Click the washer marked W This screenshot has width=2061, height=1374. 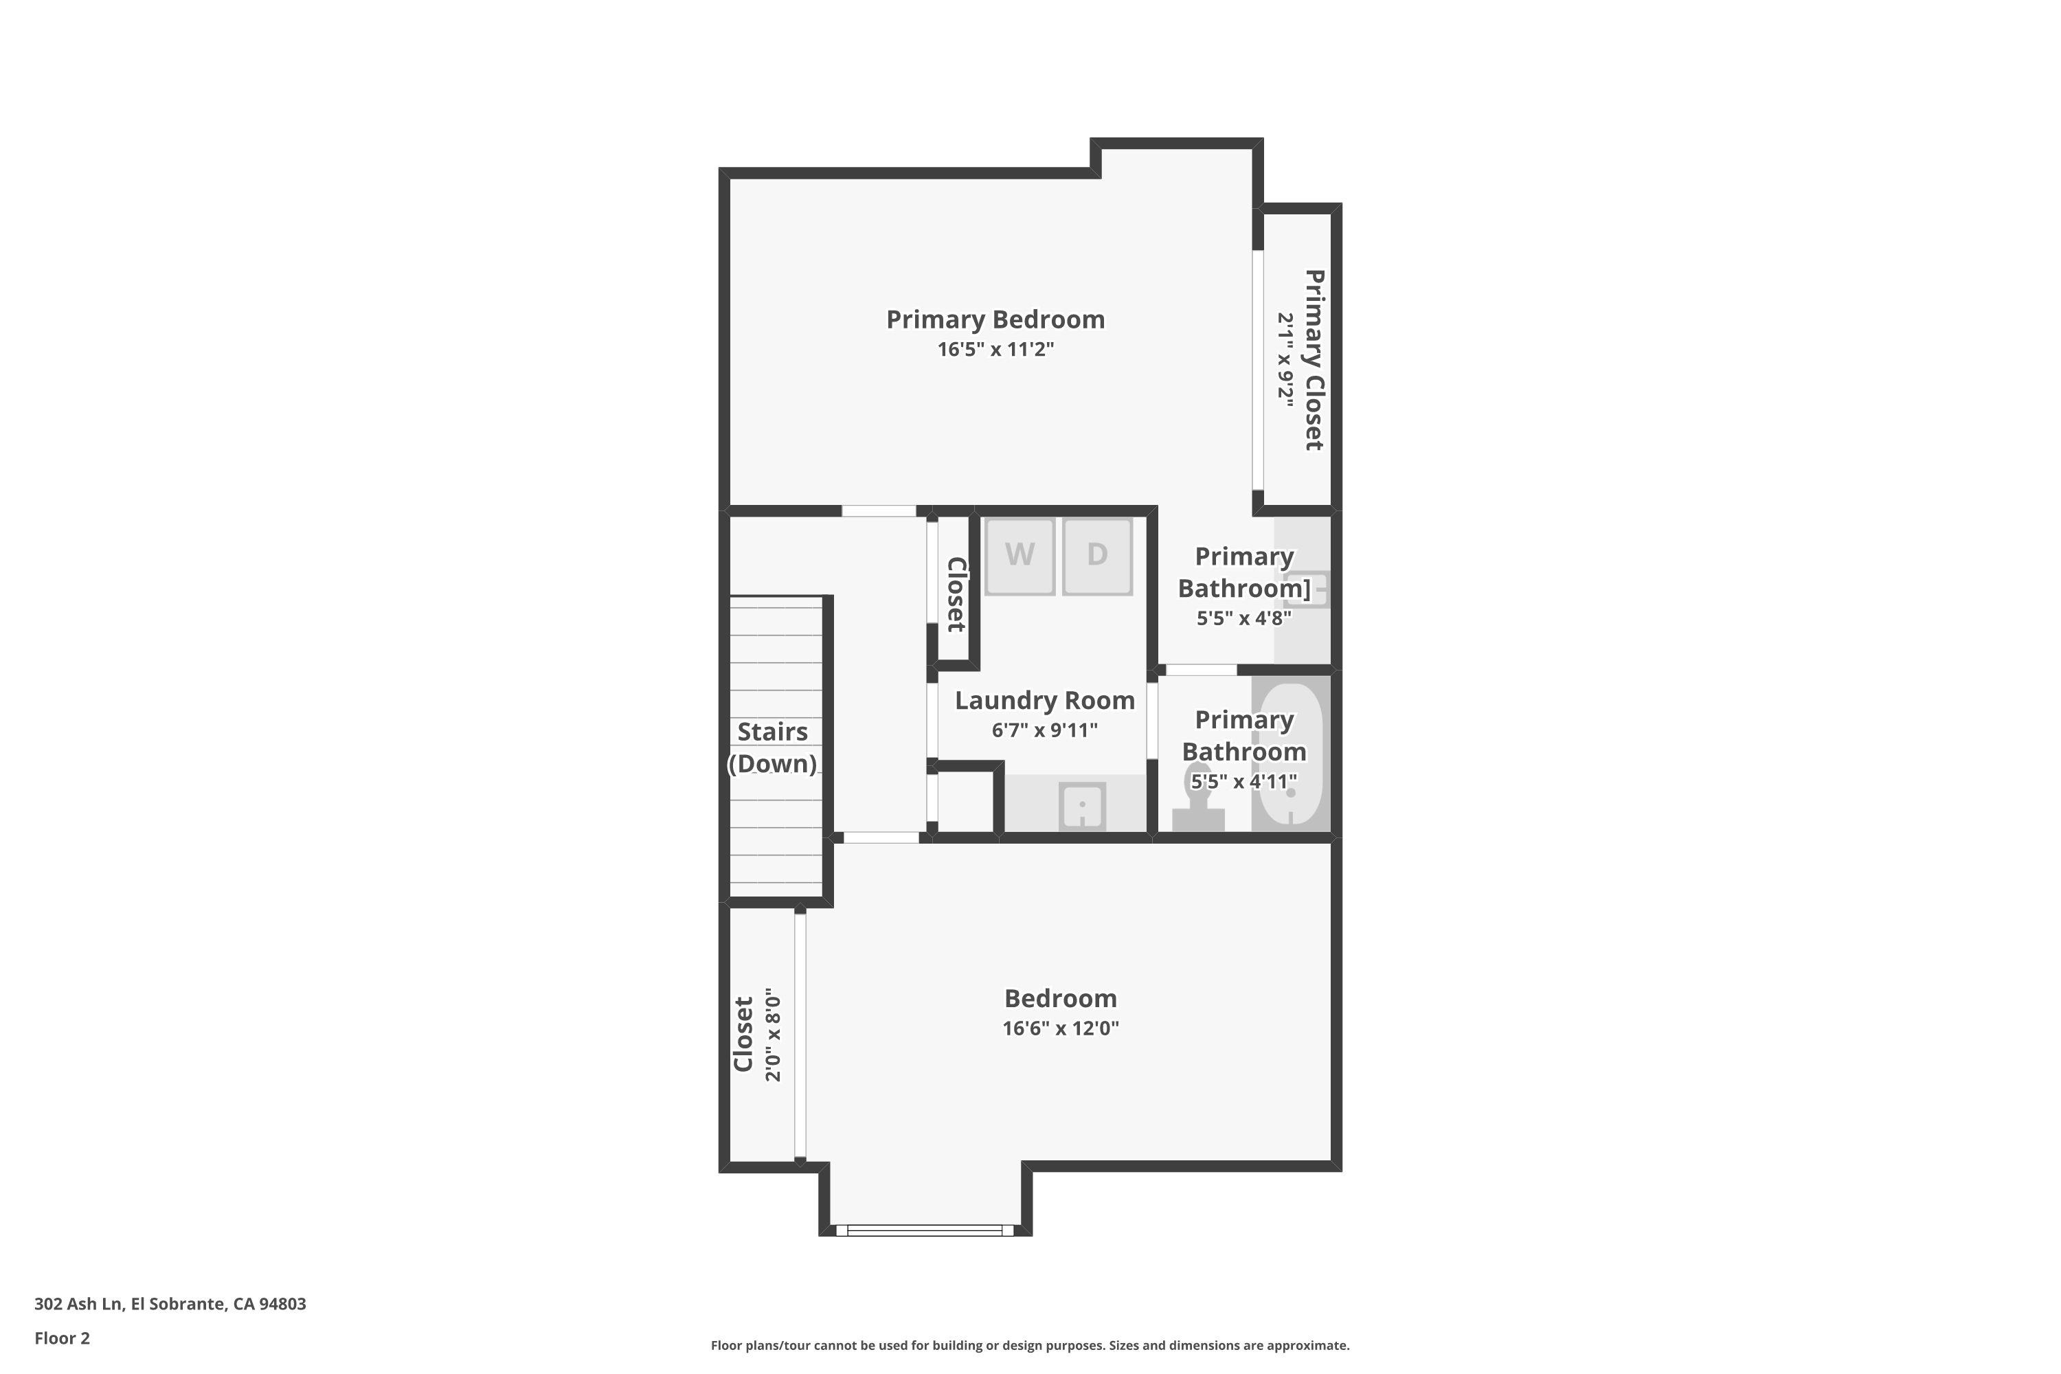pyautogui.click(x=1019, y=556)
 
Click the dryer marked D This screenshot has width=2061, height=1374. pyautogui.click(x=1097, y=556)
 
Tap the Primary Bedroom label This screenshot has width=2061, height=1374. pyautogui.click(x=995, y=319)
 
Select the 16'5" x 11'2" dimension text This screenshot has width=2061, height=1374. pyautogui.click(x=995, y=350)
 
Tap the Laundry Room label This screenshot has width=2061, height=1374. pyautogui.click(x=1044, y=700)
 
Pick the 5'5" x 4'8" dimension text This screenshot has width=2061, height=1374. pyautogui.click(x=1244, y=618)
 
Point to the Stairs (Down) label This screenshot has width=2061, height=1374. pyautogui.click(x=772, y=747)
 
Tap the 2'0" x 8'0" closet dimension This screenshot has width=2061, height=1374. pyautogui.click(x=772, y=1035)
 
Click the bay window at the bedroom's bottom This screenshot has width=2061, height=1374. pyautogui.click(x=925, y=1230)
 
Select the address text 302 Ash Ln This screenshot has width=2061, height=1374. pyautogui.click(x=170, y=1303)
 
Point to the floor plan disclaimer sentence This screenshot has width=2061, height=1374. pyautogui.click(x=1030, y=1345)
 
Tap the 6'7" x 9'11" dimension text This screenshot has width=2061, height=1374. pyautogui.click(x=1044, y=730)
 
